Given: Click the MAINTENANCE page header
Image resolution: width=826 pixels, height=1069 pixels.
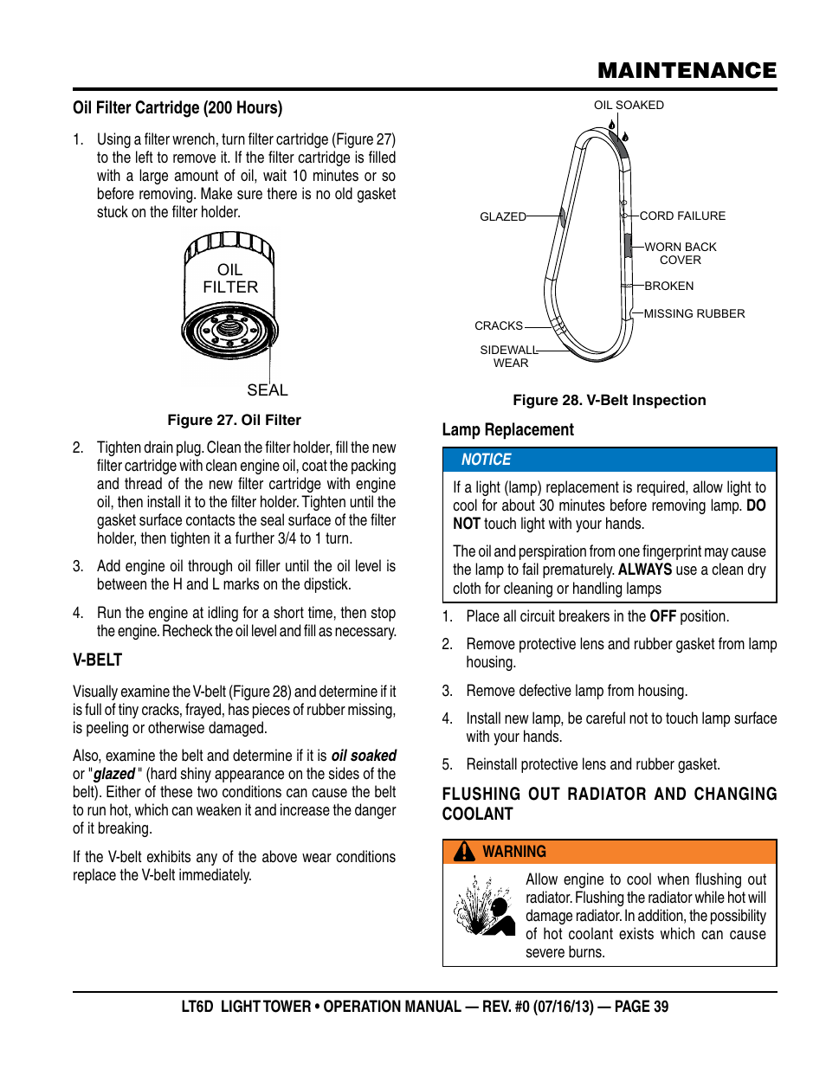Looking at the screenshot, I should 687,70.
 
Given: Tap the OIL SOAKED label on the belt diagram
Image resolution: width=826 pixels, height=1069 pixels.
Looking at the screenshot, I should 629,105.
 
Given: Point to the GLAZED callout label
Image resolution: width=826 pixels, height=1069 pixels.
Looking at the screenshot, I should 502,216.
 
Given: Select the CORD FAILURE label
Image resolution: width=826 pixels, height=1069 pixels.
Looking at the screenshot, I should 682,216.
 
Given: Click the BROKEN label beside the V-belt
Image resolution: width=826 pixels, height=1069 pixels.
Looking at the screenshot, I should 668,286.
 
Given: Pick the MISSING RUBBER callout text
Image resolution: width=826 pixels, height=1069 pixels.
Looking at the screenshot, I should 694,313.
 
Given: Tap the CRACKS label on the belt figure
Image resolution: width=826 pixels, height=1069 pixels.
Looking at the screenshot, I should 498,325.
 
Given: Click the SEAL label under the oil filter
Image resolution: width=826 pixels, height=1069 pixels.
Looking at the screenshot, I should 267,390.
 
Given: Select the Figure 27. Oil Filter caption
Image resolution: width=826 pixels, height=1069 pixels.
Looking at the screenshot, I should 234,420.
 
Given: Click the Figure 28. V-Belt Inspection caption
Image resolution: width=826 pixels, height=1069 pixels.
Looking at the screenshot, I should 609,400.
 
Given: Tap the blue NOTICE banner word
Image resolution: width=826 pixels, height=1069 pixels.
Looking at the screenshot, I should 486,460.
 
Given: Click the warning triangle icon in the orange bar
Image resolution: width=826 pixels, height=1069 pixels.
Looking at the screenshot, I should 465,852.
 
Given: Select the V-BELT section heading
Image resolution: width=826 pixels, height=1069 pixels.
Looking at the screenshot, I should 97,660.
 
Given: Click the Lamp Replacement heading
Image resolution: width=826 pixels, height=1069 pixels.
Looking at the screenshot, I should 507,430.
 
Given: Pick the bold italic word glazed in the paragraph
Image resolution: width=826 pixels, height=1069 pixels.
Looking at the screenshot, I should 114,774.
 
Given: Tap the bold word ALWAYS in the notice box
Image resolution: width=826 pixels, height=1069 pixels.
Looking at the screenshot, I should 644,570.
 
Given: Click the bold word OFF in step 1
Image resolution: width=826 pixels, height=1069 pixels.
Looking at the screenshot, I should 662,616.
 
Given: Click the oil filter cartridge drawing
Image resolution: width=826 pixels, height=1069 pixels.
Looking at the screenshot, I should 229,295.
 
